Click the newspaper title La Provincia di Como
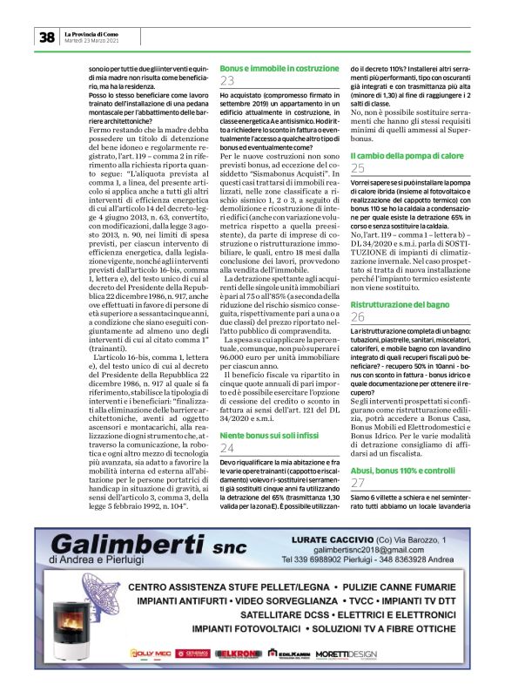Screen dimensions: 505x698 click(x=96, y=33)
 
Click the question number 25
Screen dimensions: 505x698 click(x=357, y=168)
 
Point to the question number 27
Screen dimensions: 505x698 click(x=357, y=484)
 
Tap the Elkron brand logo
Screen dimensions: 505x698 click(x=234, y=677)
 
